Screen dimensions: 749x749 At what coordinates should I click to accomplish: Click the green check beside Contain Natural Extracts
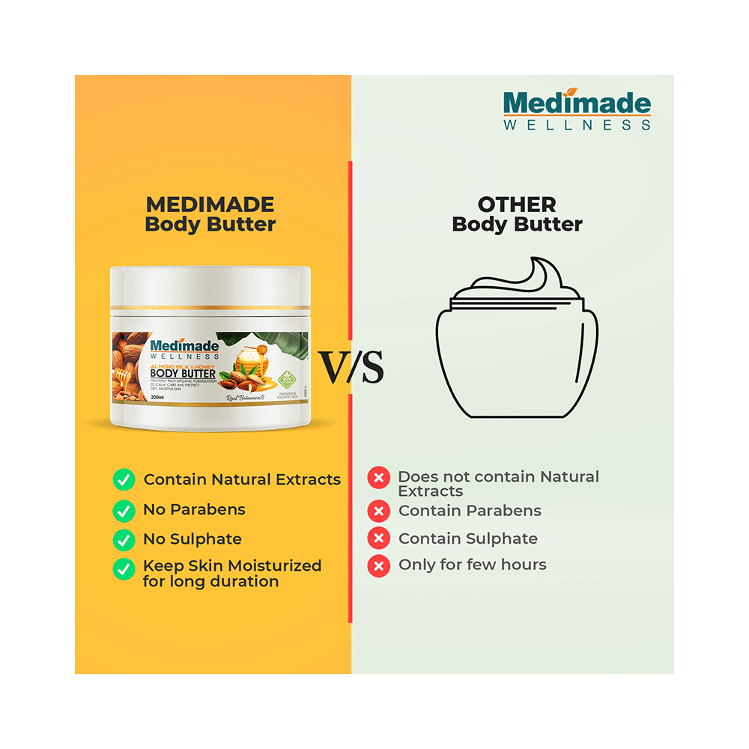click(x=124, y=479)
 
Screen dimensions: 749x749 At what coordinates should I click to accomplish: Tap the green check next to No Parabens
click(x=124, y=511)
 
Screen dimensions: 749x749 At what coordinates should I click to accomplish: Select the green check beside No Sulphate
click(x=124, y=539)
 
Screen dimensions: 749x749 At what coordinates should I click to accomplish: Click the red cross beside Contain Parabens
click(x=379, y=512)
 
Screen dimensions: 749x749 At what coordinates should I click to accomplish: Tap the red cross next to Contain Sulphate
click(x=379, y=539)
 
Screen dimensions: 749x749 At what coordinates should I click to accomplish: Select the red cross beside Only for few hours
click(x=379, y=565)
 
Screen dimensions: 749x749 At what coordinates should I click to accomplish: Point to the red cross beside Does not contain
click(x=379, y=478)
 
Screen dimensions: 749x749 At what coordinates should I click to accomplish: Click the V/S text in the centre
click(x=352, y=367)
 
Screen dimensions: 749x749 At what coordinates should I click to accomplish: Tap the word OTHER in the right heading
click(x=517, y=204)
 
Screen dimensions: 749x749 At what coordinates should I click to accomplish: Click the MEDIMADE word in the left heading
click(x=210, y=204)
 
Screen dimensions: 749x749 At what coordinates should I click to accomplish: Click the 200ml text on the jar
click(x=157, y=397)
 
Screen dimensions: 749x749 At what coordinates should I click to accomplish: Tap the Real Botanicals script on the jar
click(x=246, y=398)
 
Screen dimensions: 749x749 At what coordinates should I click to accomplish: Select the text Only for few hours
click(x=472, y=565)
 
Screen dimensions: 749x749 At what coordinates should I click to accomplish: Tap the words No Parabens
click(x=194, y=510)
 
